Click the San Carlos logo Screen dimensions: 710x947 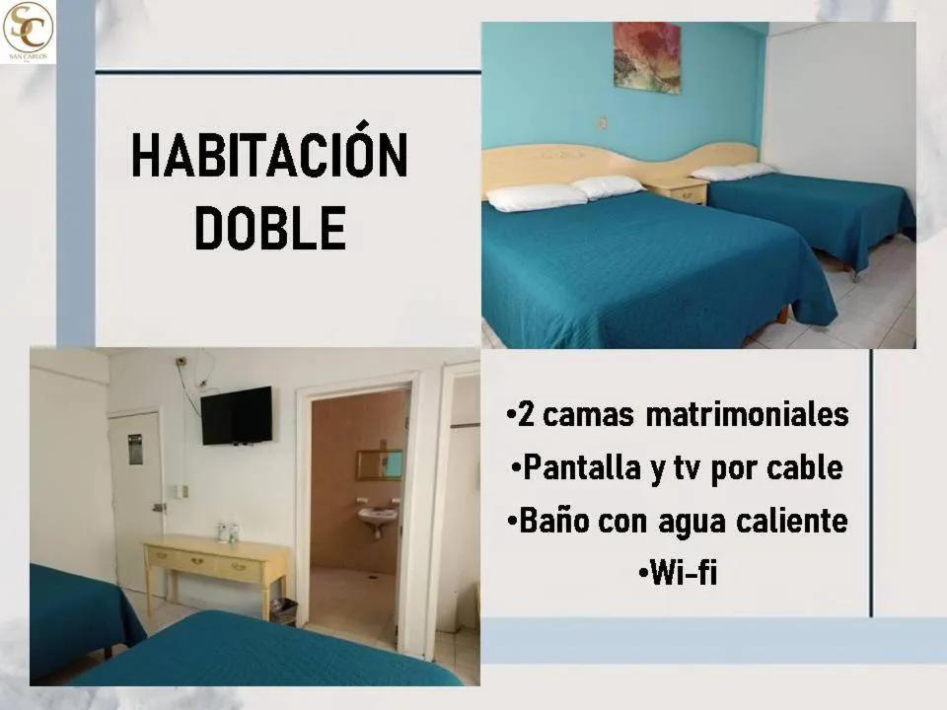pos(28,32)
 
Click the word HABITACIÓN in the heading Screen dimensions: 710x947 pos(269,156)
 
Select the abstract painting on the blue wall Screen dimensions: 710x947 pos(646,57)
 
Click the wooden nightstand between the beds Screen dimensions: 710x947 pos(677,189)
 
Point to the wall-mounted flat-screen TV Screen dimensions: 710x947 pos(237,415)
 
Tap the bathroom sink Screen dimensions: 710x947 pos(377,516)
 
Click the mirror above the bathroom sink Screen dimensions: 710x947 pos(380,464)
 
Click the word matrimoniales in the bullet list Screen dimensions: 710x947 pos(747,415)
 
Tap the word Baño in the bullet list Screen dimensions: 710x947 pos(552,520)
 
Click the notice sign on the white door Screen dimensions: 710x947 pos(135,450)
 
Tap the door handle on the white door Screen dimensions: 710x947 pos(159,507)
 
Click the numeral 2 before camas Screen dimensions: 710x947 pos(526,415)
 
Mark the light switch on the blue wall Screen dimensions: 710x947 pos(602,124)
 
